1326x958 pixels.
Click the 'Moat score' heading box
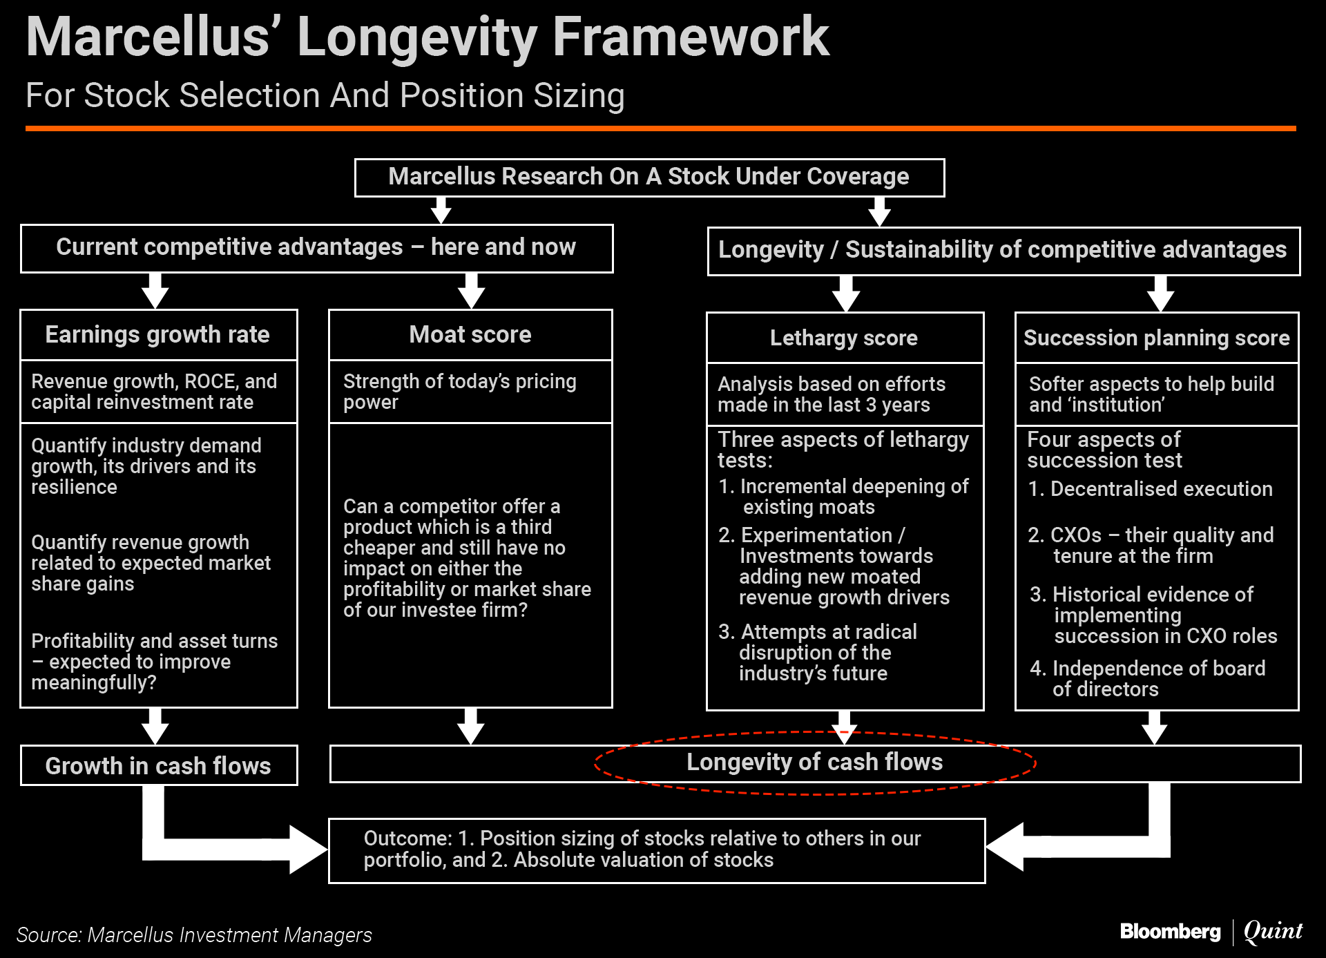470,335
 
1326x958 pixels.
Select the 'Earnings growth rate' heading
157,335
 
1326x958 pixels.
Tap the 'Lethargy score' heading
844,338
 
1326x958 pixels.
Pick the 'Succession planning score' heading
1156,338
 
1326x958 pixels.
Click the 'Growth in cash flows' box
158,765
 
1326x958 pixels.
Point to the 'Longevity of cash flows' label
814,762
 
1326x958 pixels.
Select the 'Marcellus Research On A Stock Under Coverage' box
648,177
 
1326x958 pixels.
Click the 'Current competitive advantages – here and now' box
316,247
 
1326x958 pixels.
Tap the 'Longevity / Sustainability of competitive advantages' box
1003,250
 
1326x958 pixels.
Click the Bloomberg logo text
1170,932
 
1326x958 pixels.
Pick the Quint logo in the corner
1273,931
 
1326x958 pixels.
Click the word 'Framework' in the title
691,37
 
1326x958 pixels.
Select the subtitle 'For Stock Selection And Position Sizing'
325,95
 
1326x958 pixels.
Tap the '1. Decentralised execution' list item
1150,489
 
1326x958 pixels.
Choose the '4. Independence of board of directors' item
1148,678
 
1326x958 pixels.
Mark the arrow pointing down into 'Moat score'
471,291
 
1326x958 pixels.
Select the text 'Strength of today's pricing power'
459,391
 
